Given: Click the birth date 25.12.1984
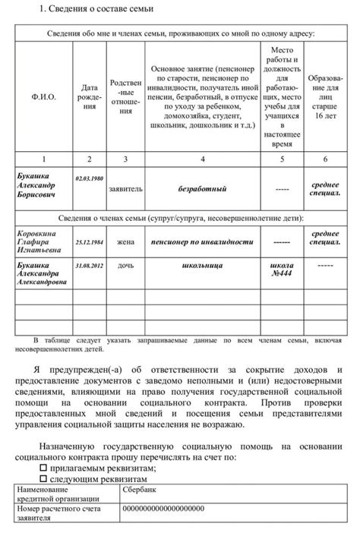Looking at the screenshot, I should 90,242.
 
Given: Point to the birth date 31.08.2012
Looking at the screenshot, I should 90,266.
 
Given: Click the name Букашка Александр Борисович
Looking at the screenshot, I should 38,185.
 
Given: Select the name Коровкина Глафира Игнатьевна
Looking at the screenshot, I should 39,242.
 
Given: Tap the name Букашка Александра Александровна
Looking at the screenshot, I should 42,274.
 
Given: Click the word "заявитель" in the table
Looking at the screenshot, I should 125,185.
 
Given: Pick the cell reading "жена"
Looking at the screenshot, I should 125,242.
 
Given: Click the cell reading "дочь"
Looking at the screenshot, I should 125,267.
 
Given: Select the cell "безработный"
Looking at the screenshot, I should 202,185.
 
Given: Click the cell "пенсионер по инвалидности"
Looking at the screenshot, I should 202,242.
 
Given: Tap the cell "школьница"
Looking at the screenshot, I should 202,267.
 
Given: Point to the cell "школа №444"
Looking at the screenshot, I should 282,272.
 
